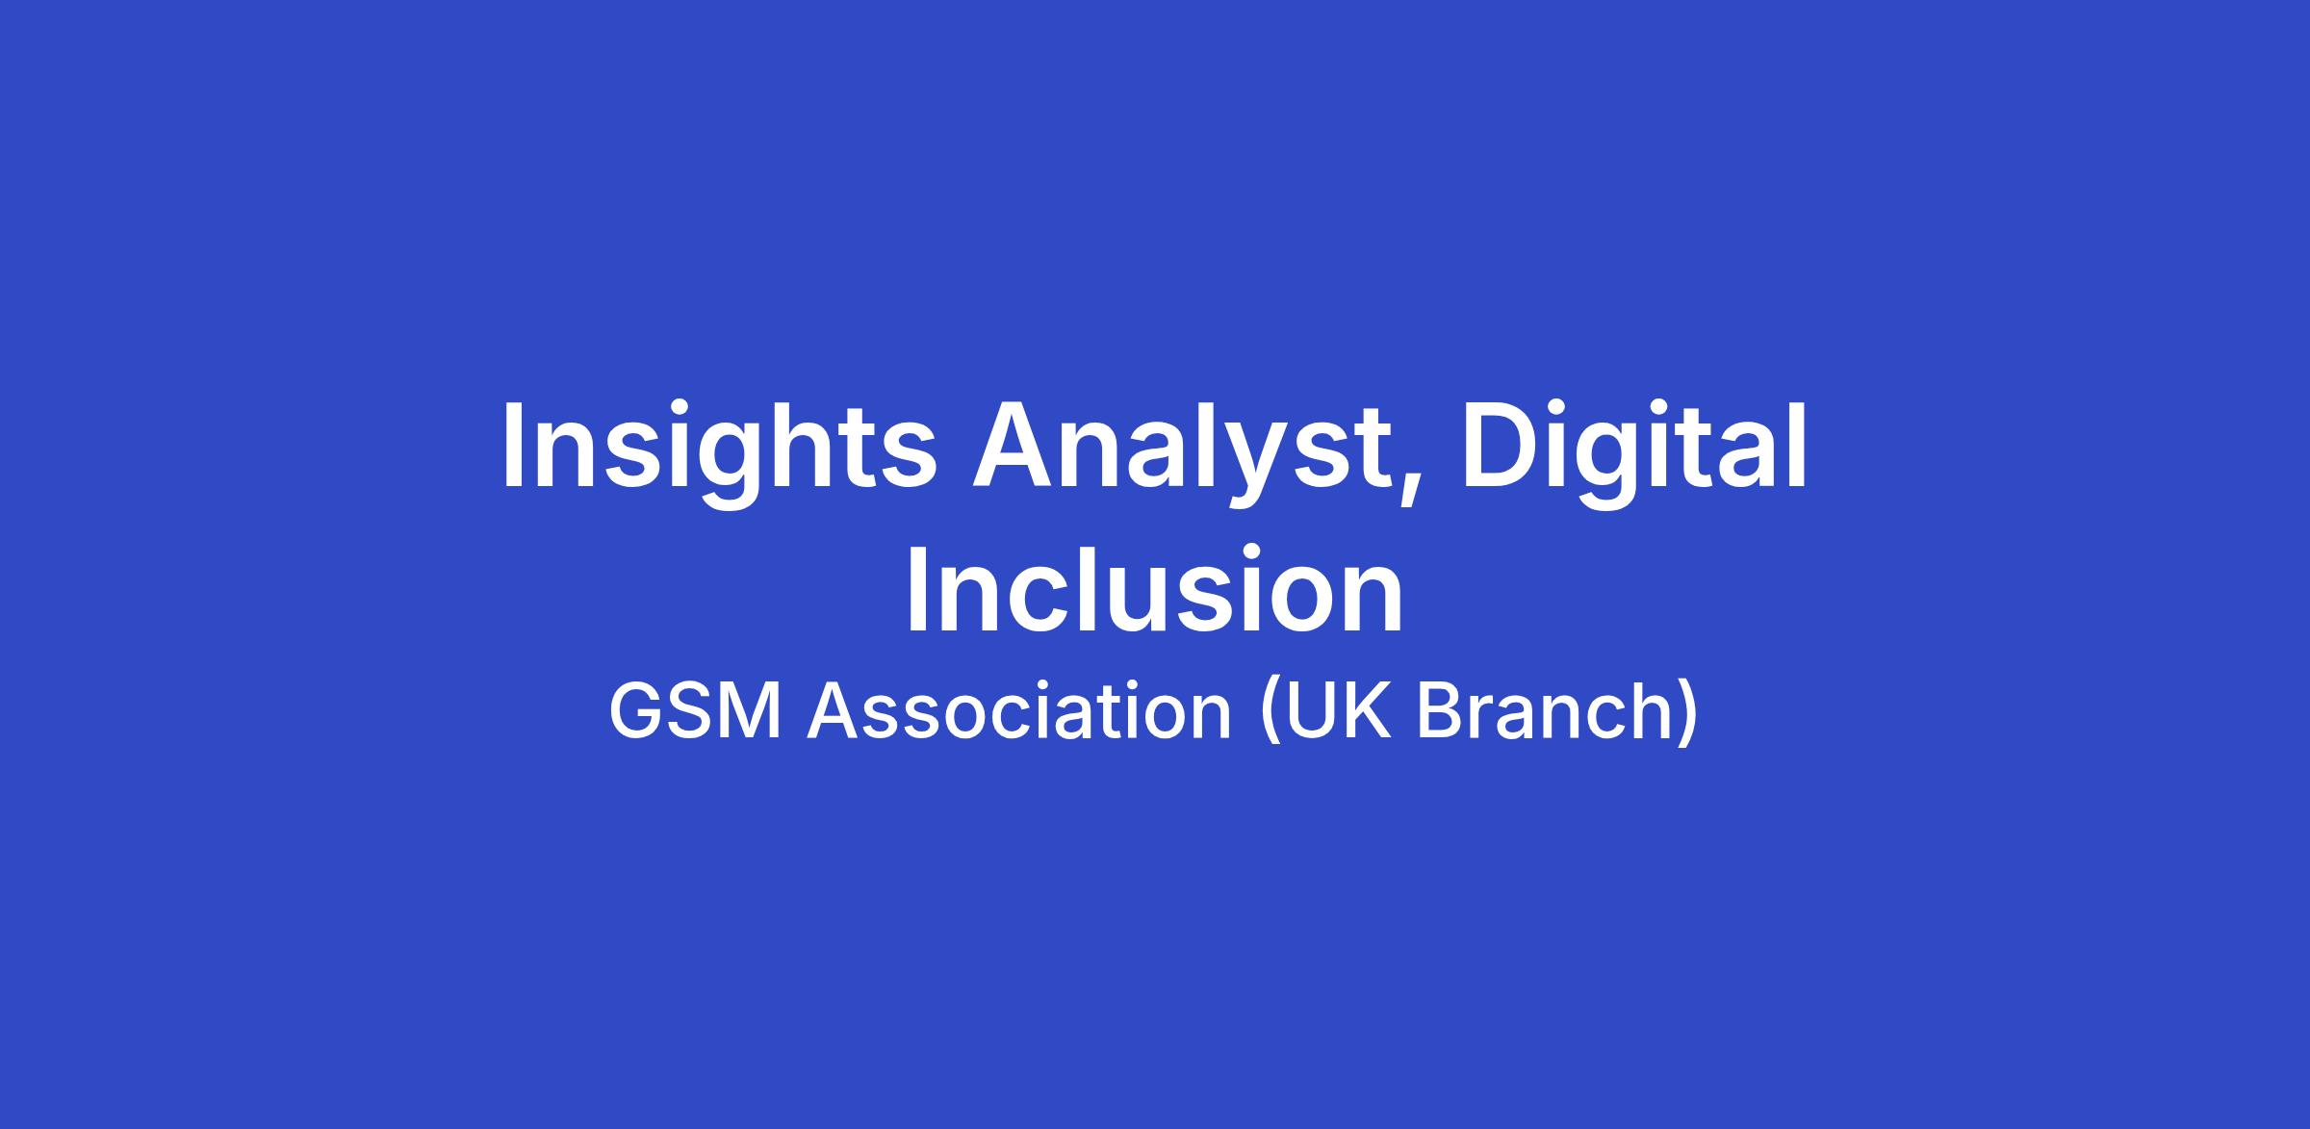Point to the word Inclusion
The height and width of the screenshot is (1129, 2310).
[x=1155, y=589]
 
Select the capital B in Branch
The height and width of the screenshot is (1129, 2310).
[x=1440, y=712]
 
